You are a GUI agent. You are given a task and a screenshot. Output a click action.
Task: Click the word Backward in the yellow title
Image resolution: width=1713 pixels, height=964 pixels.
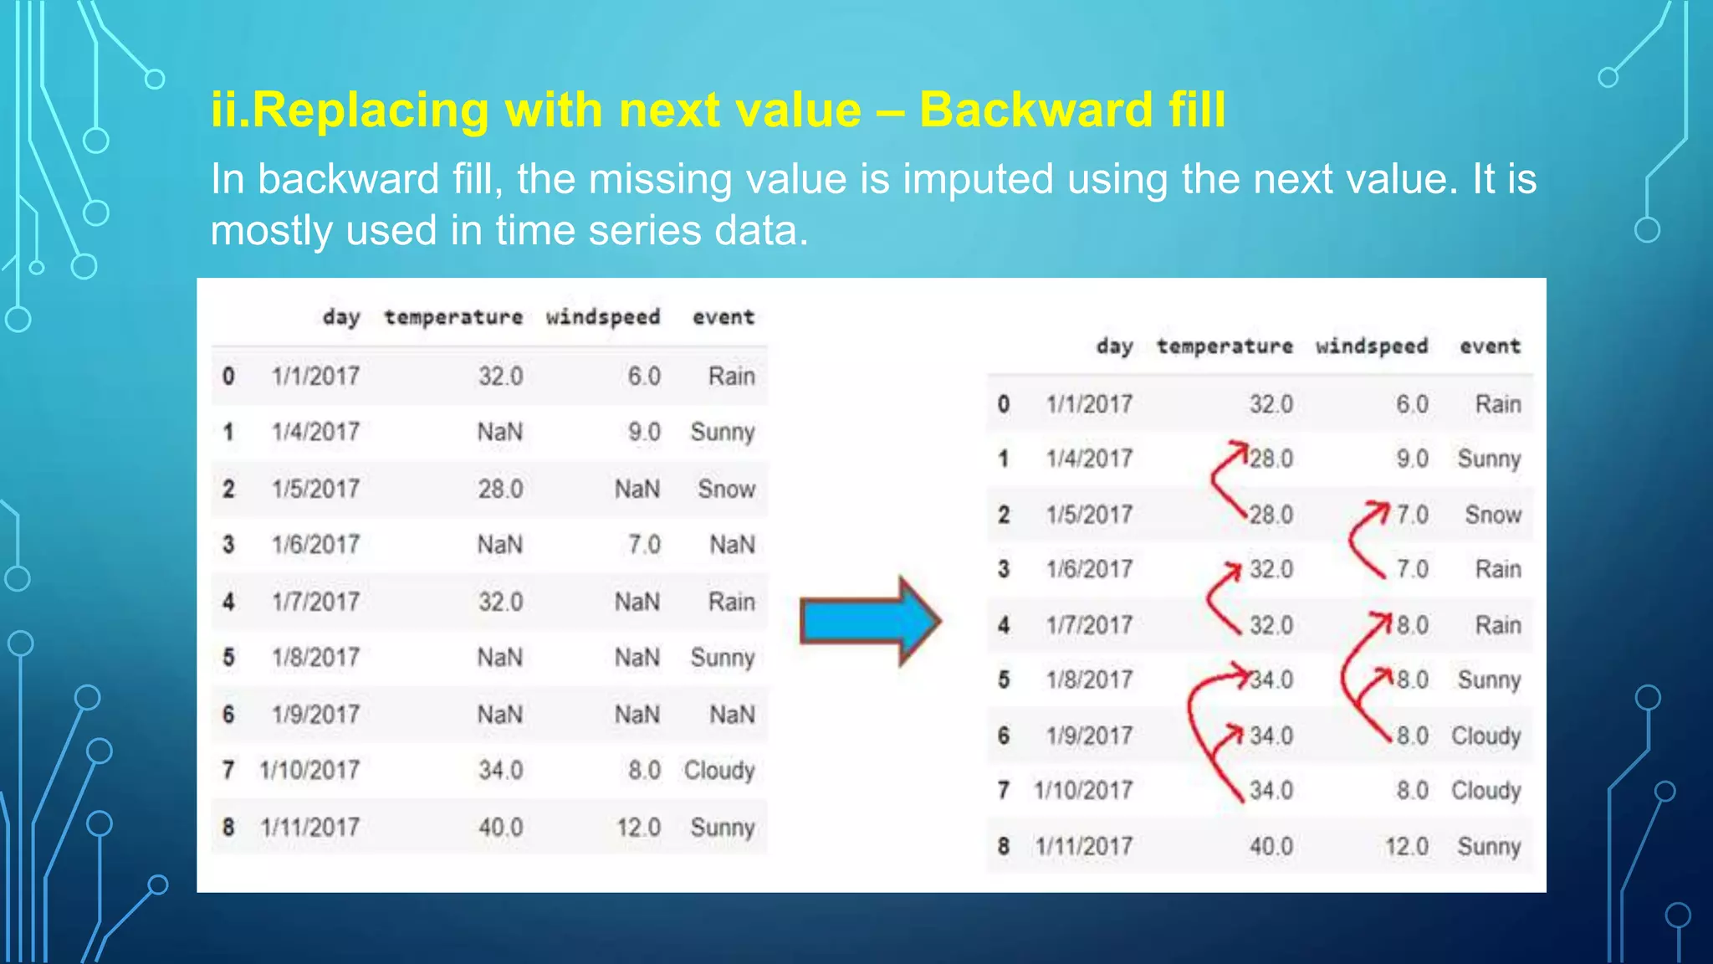coord(1036,110)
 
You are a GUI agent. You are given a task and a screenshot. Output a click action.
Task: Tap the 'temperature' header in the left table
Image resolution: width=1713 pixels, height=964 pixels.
coord(453,317)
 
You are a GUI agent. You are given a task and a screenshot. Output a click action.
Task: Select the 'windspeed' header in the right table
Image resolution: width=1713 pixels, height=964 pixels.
coord(1371,346)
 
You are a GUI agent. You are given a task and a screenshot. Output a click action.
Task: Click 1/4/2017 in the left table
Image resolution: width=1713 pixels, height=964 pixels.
coord(315,432)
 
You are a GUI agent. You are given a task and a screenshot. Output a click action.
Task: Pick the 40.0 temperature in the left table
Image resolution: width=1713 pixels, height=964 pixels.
coord(500,827)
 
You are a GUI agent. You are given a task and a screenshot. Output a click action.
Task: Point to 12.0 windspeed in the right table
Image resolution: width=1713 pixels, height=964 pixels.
coord(1406,846)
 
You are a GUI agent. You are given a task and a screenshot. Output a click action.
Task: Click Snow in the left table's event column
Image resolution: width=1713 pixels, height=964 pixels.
coord(726,489)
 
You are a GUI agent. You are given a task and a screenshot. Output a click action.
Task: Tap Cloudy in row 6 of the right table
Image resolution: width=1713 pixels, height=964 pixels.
coord(1485,736)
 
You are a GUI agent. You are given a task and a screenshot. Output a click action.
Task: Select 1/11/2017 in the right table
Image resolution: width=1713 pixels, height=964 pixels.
coord(1083,846)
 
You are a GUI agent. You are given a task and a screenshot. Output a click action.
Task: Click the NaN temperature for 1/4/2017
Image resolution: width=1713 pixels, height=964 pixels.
coord(499,432)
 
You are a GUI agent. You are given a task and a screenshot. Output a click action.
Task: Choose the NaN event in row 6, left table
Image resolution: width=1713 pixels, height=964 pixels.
coord(732,714)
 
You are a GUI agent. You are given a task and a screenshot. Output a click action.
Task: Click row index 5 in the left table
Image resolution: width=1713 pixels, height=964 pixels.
coord(228,657)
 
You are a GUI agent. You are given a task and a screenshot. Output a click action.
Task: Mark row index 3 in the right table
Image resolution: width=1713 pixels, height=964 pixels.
coord(1004,569)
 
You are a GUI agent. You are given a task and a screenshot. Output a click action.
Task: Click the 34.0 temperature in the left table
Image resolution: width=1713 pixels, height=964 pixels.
coord(500,770)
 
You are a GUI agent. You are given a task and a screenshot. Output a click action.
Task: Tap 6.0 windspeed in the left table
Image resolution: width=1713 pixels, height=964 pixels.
coord(644,376)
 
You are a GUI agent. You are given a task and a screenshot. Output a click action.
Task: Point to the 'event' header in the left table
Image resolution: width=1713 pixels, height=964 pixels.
coord(723,317)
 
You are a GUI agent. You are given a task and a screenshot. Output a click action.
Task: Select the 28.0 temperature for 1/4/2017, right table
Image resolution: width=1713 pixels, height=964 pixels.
coord(1271,459)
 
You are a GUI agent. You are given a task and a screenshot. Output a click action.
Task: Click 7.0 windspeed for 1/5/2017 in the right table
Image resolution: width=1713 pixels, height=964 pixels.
coord(1412,515)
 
